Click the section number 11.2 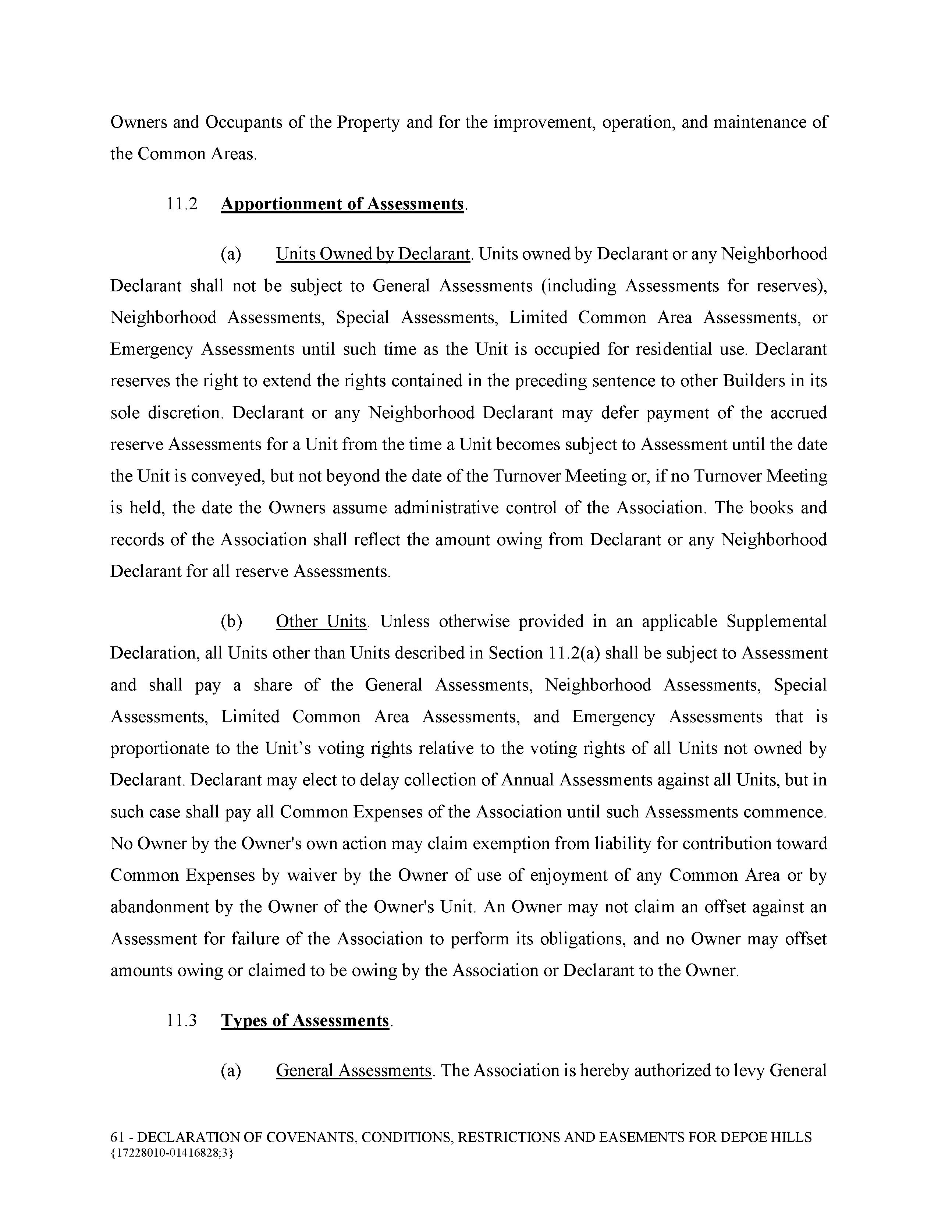click(x=182, y=204)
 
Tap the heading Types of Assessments click(x=305, y=1020)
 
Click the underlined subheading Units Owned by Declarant click(x=373, y=254)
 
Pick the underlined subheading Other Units click(x=321, y=621)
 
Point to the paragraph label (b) click(x=231, y=621)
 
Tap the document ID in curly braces click(x=172, y=1153)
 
